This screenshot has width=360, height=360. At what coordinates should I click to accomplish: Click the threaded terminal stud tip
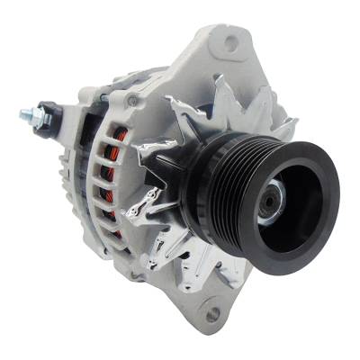22,113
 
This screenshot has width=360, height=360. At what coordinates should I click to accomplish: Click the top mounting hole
231,40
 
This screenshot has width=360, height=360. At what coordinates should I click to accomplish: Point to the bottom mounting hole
212,315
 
